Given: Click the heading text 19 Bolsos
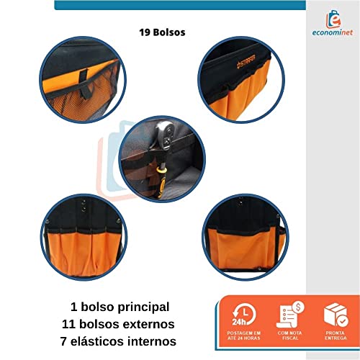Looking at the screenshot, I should pyautogui.click(x=163, y=32).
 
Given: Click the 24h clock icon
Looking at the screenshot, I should pyautogui.click(x=243, y=315).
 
